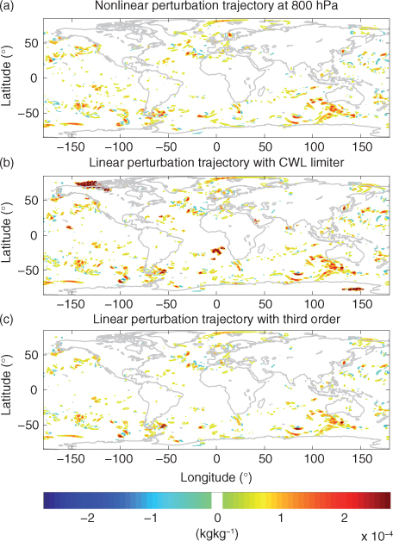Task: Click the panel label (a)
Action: point(7,6)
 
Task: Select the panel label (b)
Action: point(7,162)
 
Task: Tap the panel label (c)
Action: point(7,319)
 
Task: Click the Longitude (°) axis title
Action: point(216,477)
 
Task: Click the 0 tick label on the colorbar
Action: point(217,518)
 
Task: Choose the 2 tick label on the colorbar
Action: point(345,518)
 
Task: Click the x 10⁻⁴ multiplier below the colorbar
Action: point(377,536)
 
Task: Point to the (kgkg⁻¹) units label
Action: point(216,534)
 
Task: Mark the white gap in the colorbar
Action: point(217,501)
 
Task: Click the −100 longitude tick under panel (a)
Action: point(119,147)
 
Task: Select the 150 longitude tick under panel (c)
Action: point(362,459)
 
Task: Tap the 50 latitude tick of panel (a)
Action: point(31,43)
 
